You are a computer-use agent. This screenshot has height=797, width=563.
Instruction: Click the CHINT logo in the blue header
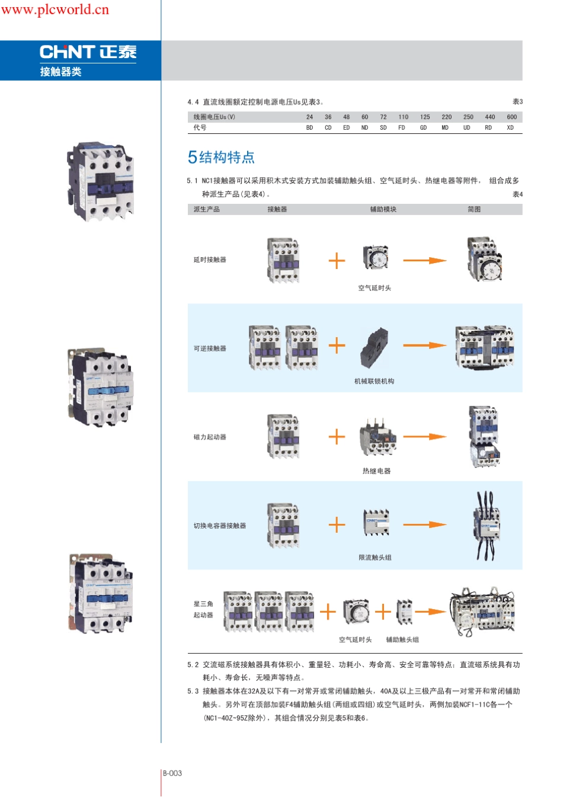point(88,52)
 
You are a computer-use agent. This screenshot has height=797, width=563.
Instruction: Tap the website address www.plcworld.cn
point(55,9)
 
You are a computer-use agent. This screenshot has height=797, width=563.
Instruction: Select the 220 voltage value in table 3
point(446,117)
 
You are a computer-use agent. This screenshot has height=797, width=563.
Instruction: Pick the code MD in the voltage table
point(445,128)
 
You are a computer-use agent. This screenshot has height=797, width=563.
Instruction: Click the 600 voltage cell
point(511,117)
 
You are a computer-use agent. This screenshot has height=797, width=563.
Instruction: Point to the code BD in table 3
point(309,128)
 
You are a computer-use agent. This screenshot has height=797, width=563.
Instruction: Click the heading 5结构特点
point(221,157)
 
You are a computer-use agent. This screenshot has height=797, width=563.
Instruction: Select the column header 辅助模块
point(383,210)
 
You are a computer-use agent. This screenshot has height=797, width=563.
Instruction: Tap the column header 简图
point(474,210)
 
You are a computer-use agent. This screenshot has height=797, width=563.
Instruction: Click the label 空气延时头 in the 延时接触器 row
point(375,289)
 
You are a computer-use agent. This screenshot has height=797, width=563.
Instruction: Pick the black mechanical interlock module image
point(374,348)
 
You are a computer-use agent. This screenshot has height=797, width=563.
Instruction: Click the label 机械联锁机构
point(374,382)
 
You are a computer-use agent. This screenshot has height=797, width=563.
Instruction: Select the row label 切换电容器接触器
point(219,526)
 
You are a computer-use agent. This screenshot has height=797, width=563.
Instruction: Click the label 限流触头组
point(375,558)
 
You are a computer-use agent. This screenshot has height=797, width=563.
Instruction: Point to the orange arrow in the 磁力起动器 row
point(424,437)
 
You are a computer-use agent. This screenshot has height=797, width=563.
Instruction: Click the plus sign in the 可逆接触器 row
point(337,345)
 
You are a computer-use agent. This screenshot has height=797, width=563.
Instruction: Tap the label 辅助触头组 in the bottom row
point(402,640)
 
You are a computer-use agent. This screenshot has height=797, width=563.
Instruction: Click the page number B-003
point(172,773)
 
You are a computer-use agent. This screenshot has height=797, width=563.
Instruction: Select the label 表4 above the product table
point(517,194)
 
